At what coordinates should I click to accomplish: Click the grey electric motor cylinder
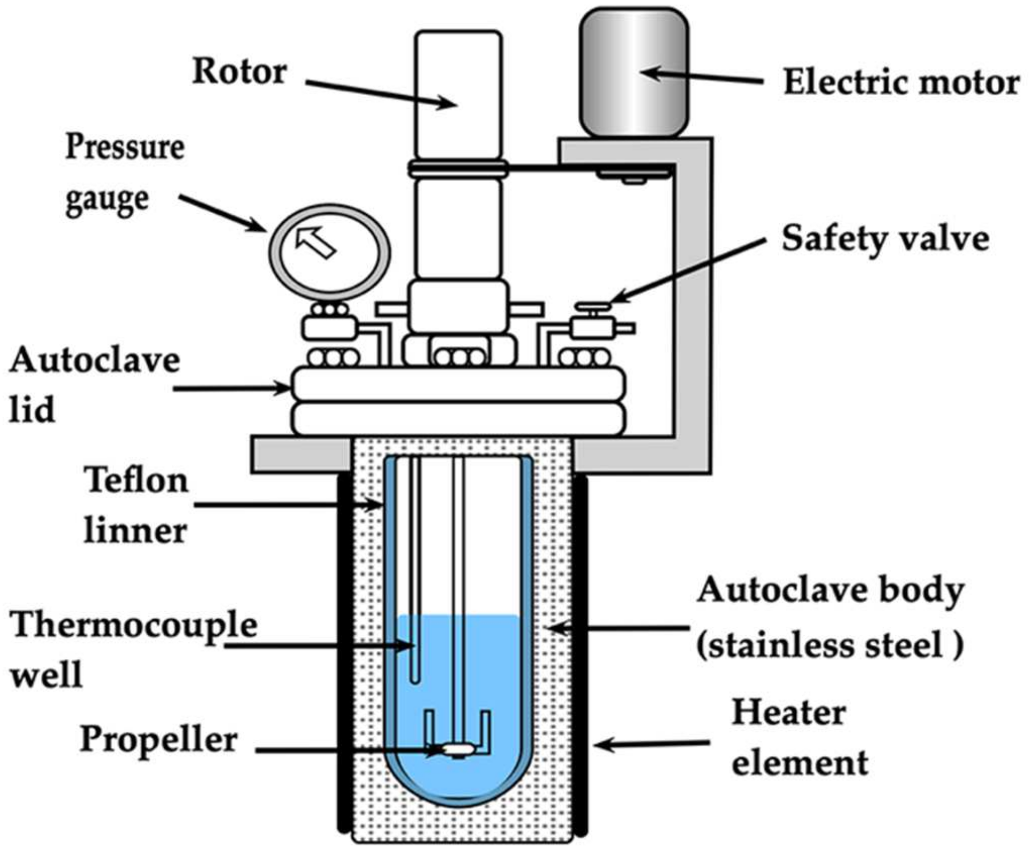[634, 72]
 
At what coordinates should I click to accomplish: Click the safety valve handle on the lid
[593, 307]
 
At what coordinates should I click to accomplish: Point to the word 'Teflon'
[136, 480]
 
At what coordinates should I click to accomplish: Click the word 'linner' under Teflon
[135, 531]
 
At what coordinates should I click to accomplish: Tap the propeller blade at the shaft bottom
[456, 748]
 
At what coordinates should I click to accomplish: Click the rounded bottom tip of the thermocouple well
[415, 680]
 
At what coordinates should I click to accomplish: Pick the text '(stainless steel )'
[830, 644]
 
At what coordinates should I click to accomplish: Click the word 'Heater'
[788, 712]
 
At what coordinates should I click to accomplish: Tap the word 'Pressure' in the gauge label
[125, 147]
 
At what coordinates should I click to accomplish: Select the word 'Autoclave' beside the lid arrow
[95, 360]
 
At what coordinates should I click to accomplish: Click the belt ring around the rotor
[458, 169]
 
